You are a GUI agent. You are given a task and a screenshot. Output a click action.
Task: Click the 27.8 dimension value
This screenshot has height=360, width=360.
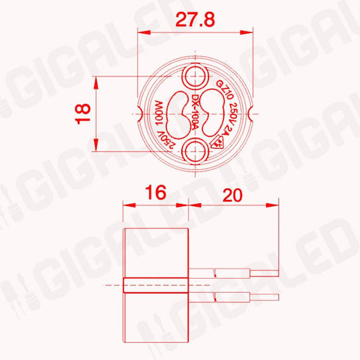pos(195,19)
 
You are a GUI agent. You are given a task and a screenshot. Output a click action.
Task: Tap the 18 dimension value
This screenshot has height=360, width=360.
pos(83,114)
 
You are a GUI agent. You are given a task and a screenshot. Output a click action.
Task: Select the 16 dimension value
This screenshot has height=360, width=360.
pos(155,193)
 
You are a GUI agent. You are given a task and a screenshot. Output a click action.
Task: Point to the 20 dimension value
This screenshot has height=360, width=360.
pos(233,195)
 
